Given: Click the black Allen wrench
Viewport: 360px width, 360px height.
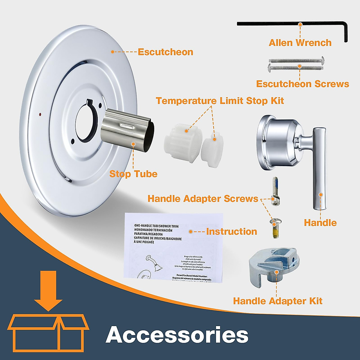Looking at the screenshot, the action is (288, 24).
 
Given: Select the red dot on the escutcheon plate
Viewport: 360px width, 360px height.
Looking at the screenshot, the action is (40, 115).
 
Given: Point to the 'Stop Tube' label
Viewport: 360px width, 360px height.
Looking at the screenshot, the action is (133, 174).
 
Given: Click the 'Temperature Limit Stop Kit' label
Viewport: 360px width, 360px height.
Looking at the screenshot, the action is (220, 100).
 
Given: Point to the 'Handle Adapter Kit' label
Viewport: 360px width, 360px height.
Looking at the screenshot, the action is (277, 301).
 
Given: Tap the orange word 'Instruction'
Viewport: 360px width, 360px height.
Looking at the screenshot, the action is (231, 232).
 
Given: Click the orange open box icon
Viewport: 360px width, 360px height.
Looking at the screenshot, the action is (49, 333).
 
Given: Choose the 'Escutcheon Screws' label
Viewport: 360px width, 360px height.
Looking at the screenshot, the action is (302, 84).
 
